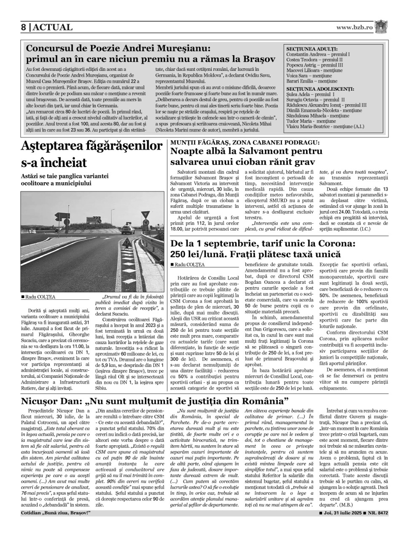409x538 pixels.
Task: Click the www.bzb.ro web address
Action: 354,27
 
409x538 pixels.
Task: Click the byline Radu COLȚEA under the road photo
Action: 40,297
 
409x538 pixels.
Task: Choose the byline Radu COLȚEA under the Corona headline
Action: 189,264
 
